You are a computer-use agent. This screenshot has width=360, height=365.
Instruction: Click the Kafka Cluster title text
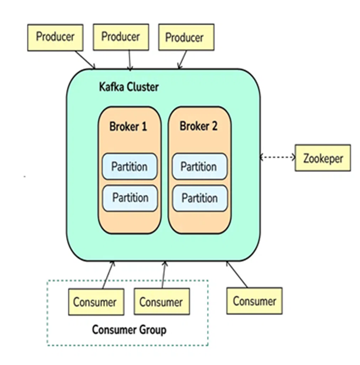[x=128, y=87]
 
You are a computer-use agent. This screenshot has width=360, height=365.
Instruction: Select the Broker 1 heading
[x=128, y=126]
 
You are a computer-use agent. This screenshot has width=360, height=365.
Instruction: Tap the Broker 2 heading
[x=199, y=126]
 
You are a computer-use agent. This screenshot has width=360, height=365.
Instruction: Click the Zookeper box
[x=323, y=158]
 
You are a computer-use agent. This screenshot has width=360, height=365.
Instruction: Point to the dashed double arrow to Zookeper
[x=277, y=158]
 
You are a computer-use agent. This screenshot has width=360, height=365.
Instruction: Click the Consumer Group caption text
[x=129, y=329]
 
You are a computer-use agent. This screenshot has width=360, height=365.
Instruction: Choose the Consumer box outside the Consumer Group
[x=254, y=301]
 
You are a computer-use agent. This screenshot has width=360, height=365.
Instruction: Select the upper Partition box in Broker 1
[x=130, y=166]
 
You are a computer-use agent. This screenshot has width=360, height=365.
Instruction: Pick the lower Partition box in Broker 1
[x=130, y=198]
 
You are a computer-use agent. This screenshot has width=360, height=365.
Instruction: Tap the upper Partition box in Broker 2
[x=199, y=166]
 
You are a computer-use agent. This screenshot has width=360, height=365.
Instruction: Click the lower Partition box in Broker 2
[x=199, y=198]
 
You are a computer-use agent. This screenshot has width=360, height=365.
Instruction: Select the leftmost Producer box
[x=55, y=36]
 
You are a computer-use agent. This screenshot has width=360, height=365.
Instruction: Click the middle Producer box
[x=120, y=36]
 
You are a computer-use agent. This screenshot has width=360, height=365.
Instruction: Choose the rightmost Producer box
[x=184, y=37]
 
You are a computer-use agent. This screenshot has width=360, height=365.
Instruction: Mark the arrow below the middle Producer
[x=130, y=60]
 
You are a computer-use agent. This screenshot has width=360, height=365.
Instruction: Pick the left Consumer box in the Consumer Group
[x=94, y=302]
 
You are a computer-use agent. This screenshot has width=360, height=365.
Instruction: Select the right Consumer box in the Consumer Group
[x=161, y=302]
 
